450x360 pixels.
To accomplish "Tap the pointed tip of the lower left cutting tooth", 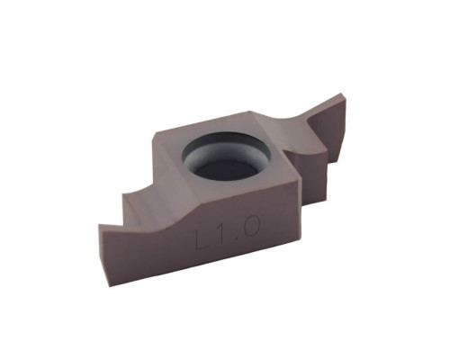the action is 99,224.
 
